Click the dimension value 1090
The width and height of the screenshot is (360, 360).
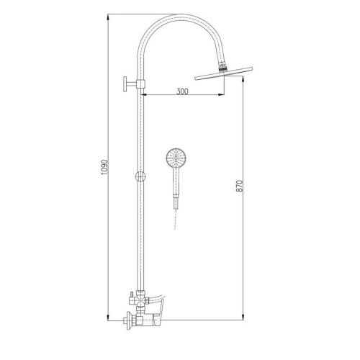pos(104,167)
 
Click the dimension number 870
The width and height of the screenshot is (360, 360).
pos(240,186)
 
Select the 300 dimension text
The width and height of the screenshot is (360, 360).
pos(182,91)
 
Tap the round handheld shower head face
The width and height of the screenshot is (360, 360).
pos(176,158)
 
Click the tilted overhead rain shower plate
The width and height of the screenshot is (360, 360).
pos(224,73)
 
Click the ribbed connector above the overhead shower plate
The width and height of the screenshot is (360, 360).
pos(222,67)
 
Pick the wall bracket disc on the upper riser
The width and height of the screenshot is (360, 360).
pos(125,84)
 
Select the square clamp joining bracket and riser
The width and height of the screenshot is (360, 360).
pos(140,84)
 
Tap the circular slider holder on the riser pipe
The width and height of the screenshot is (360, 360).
pos(140,176)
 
